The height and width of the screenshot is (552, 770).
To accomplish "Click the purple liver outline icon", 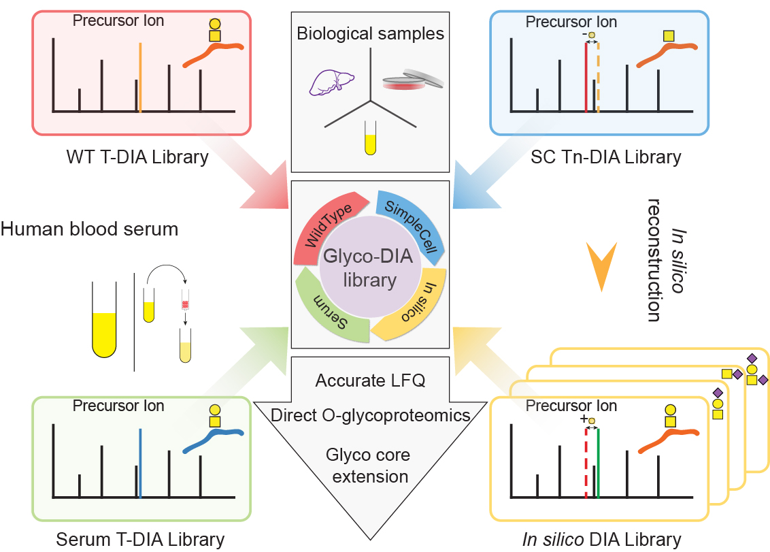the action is (331, 81).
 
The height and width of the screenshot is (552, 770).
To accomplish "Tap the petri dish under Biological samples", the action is (412, 80).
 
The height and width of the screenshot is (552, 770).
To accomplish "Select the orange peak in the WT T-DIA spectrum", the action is (140, 78).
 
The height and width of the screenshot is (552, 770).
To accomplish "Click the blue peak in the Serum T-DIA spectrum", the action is (140, 463).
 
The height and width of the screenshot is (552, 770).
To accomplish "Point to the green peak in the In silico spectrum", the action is (598, 463).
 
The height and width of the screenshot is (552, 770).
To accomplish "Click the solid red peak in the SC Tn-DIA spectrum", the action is (586, 78).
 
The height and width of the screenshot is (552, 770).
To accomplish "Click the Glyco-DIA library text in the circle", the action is (369, 268).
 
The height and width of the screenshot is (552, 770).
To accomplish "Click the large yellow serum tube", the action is (104, 319).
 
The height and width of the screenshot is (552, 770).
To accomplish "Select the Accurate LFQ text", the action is (370, 380).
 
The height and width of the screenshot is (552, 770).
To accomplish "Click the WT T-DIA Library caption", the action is (137, 157).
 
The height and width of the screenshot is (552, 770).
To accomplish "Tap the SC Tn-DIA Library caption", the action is (606, 157).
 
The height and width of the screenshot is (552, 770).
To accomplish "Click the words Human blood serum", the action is (89, 229).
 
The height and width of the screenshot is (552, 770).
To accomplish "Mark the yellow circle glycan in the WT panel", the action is (214, 24).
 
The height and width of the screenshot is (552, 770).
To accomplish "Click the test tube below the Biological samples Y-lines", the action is (370, 137).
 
